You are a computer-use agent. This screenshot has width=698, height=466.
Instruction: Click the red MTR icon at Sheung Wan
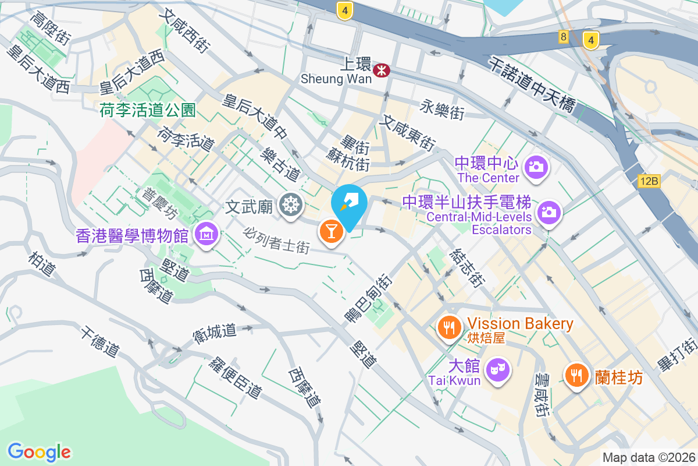coord(382,70)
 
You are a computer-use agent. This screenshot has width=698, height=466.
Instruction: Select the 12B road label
coord(648,182)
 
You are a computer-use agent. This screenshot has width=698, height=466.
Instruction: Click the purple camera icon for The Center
coord(536,167)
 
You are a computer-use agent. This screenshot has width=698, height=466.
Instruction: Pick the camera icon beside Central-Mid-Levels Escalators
coord(548,211)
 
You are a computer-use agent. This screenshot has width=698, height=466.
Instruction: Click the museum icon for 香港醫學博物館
coord(206,234)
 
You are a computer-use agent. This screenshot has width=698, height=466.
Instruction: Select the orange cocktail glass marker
coord(330,231)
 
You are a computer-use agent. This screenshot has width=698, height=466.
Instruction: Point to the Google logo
coord(40,451)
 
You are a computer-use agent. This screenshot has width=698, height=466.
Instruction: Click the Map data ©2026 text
coord(649,458)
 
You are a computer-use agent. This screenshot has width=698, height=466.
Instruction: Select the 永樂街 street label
coord(443,109)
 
